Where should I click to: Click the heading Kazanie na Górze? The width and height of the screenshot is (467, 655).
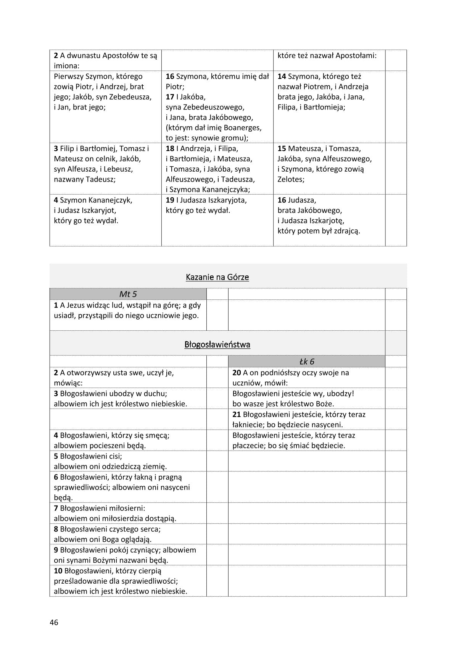(x=217, y=277)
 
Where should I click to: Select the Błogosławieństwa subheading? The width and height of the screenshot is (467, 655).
(x=217, y=344)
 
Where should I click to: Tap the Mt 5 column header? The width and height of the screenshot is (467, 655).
(x=128, y=294)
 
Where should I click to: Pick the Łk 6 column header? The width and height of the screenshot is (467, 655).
(x=306, y=362)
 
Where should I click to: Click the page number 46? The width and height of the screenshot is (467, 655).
(x=54, y=622)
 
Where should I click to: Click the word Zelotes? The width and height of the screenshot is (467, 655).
(x=291, y=179)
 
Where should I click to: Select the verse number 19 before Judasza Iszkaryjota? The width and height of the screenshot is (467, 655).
(x=170, y=200)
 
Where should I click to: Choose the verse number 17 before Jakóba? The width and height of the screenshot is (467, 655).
(x=170, y=97)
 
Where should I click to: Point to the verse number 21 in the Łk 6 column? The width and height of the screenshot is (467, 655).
(x=237, y=414)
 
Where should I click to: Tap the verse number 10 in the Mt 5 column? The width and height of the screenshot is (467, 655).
(x=58, y=571)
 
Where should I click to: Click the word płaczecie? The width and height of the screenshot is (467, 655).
(x=248, y=446)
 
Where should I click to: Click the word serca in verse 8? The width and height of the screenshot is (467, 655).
(x=150, y=529)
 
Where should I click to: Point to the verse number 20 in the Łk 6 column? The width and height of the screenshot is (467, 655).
(x=237, y=373)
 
